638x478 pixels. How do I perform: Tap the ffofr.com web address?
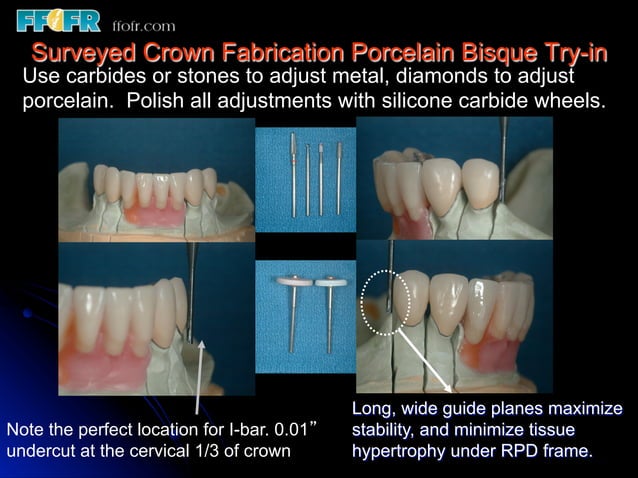click(x=143, y=25)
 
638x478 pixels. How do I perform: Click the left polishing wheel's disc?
click(x=292, y=283)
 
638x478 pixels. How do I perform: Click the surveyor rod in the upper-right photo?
click(x=504, y=160)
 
